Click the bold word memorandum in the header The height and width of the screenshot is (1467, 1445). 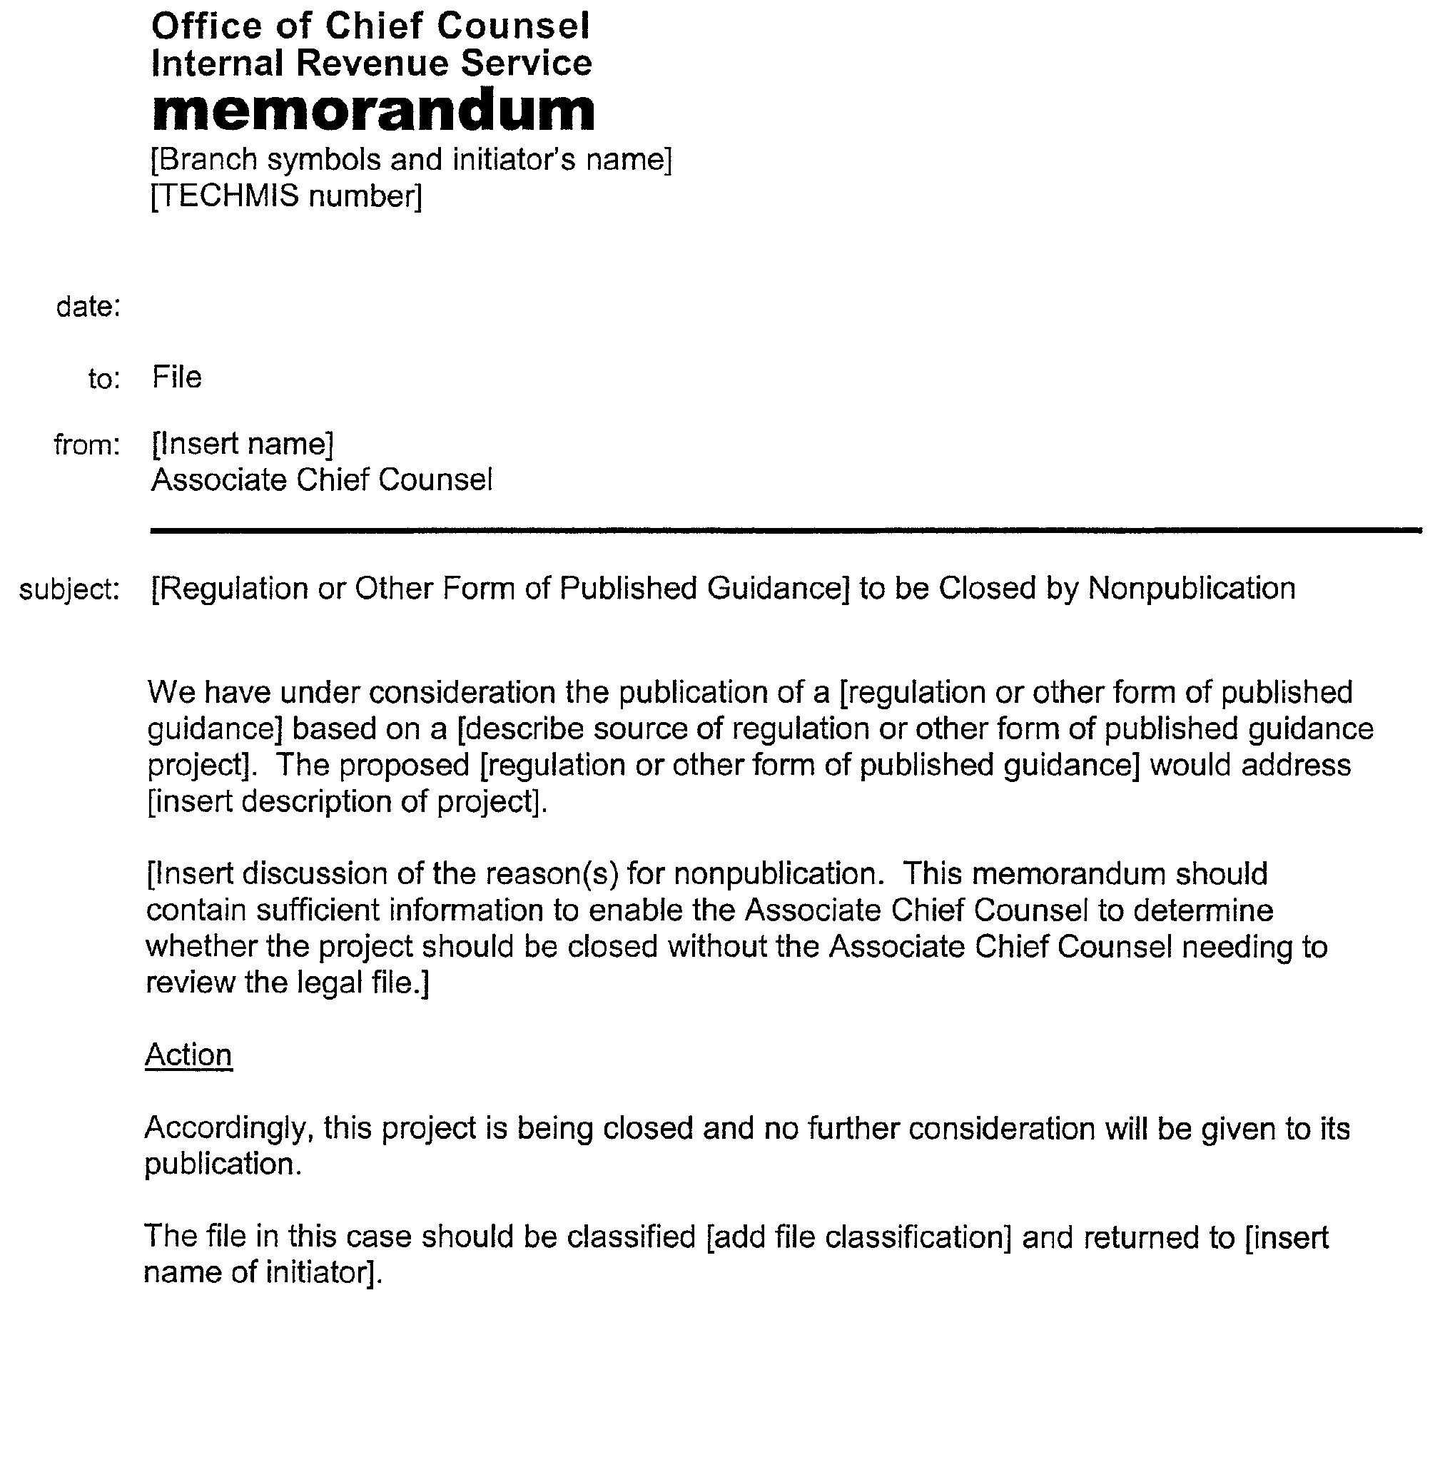[x=373, y=111]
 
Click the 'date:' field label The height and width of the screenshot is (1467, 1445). [x=88, y=307]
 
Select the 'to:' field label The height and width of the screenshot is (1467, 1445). [x=104, y=379]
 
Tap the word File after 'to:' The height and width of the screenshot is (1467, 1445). [x=177, y=377]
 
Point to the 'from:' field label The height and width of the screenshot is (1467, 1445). [x=86, y=445]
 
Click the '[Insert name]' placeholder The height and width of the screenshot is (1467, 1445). [x=242, y=444]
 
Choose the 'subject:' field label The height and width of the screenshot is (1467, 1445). [x=69, y=589]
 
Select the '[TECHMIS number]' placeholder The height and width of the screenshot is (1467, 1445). [x=286, y=196]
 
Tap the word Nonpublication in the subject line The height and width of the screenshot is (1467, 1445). [x=1192, y=588]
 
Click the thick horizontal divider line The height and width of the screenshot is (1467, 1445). [x=786, y=530]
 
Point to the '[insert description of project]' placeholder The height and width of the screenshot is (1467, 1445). [x=346, y=801]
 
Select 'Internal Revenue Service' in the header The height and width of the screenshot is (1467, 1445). [x=371, y=63]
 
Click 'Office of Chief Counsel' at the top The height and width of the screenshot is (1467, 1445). [x=370, y=26]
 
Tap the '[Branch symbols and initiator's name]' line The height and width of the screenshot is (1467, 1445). [x=411, y=160]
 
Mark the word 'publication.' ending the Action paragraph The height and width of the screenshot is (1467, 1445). [x=223, y=1164]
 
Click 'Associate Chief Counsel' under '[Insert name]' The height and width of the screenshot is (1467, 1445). [x=322, y=480]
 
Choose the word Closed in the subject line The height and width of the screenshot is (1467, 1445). [x=987, y=588]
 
